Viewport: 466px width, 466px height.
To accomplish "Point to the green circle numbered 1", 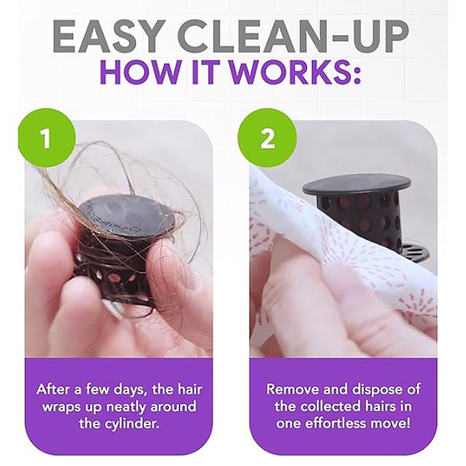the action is point(47,137).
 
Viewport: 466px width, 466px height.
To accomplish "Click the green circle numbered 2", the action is point(267,137).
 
